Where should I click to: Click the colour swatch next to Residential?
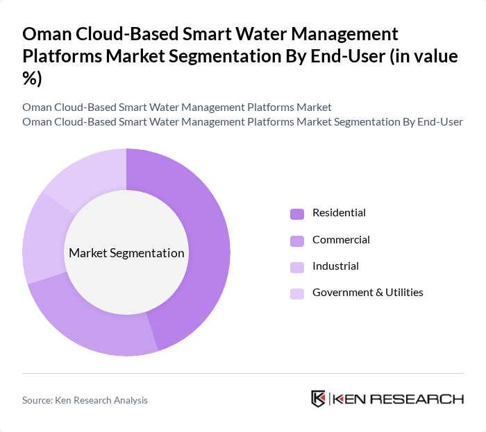click(297, 214)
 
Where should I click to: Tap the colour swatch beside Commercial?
click(297, 241)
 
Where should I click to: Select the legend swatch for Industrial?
click(297, 267)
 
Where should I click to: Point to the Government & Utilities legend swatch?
click(297, 293)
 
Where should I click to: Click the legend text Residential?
click(339, 213)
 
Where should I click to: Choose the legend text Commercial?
click(341, 240)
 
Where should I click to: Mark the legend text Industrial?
click(335, 266)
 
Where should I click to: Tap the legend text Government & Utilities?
click(367, 293)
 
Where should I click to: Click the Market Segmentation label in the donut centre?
click(126, 253)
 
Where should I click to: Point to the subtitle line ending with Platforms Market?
click(176, 107)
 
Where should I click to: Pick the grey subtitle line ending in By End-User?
click(242, 122)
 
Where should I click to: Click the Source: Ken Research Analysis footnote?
click(85, 400)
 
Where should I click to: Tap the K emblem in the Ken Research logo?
click(319, 399)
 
